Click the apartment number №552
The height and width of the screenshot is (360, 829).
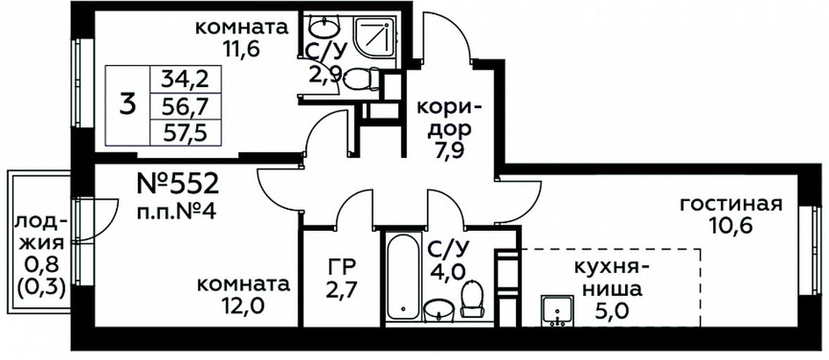coord(178,185)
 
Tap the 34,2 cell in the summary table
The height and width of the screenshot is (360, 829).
coord(185,80)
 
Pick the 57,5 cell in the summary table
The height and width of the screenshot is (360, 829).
coord(185,132)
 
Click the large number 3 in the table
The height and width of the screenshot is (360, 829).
coord(127,105)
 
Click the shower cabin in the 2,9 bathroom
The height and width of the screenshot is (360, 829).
coord(375,36)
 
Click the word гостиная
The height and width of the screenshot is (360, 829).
coord(731,204)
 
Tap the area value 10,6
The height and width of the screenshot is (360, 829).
coord(731,226)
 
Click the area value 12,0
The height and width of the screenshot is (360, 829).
coord(243,307)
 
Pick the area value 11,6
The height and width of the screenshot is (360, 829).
coord(242,50)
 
